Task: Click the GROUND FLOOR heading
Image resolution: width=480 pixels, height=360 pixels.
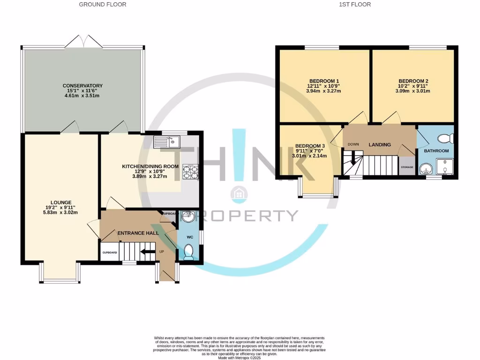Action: [102, 4]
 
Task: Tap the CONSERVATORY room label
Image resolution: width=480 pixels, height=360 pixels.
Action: [82, 86]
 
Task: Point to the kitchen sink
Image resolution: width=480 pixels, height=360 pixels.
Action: [166, 140]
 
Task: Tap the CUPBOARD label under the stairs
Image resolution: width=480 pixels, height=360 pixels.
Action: [109, 252]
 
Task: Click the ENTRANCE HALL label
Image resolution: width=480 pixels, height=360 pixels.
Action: [138, 233]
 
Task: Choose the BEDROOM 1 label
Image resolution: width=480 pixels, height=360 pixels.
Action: [323, 81]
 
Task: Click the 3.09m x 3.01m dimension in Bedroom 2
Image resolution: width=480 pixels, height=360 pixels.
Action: [413, 91]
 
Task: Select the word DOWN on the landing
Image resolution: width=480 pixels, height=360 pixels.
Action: [353, 144]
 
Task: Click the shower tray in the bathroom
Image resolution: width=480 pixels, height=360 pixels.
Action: [445, 166]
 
